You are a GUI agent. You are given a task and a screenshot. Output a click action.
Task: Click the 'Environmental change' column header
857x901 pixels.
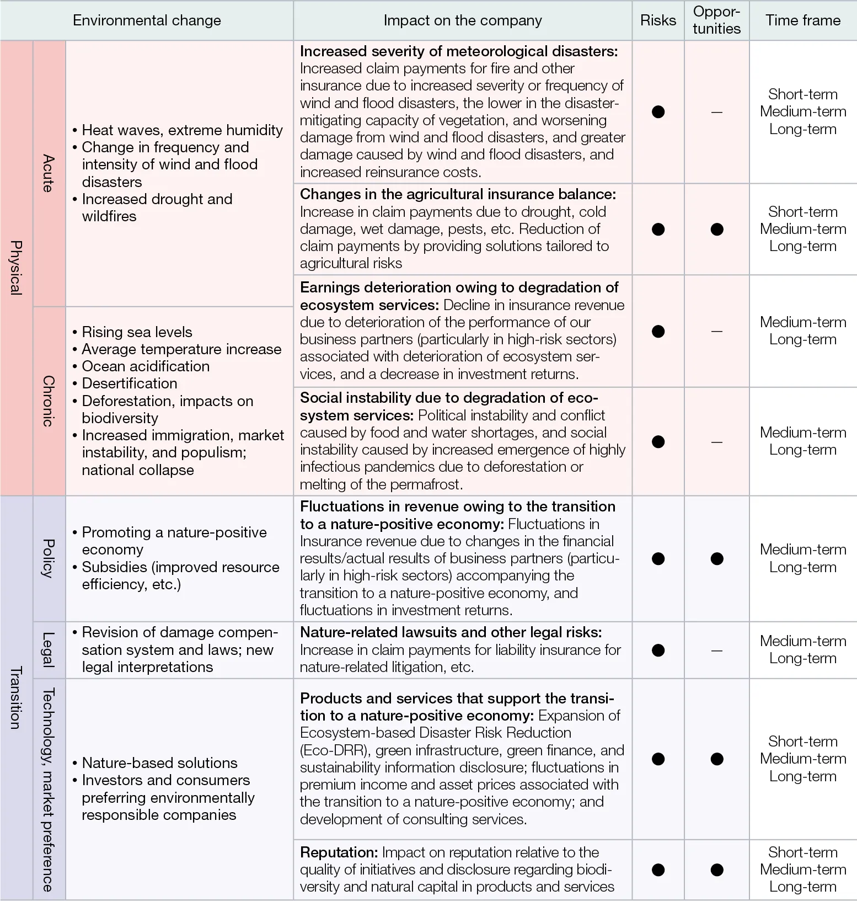pyautogui.click(x=147, y=20)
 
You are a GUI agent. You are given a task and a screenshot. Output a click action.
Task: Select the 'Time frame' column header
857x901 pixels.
pyautogui.click(x=802, y=20)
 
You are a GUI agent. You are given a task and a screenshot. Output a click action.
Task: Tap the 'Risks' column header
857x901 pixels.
pyautogui.click(x=658, y=20)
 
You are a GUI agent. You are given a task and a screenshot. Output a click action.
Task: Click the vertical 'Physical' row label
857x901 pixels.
pyautogui.click(x=16, y=268)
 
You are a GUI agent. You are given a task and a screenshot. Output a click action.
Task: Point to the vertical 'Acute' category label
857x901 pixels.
pyautogui.click(x=49, y=173)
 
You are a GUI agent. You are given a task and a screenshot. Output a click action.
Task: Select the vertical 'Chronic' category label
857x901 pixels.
pyautogui.click(x=49, y=401)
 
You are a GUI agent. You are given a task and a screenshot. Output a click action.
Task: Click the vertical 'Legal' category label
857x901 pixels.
pyautogui.click(x=49, y=650)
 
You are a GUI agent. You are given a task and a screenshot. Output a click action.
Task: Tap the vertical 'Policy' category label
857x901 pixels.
pyautogui.click(x=49, y=558)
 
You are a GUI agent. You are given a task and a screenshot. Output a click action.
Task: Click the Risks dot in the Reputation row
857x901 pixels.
pyautogui.click(x=658, y=870)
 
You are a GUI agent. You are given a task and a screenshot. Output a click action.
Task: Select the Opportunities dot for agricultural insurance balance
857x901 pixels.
pyautogui.click(x=716, y=229)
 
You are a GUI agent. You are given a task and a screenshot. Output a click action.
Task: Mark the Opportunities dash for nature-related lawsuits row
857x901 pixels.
pyautogui.click(x=716, y=651)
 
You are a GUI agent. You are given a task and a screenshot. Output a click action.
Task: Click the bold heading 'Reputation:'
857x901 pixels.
pyautogui.click(x=339, y=852)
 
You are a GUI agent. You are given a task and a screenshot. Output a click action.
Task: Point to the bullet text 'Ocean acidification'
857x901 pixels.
pyautogui.click(x=146, y=366)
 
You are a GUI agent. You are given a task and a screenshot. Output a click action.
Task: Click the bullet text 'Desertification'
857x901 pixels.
pyautogui.click(x=130, y=383)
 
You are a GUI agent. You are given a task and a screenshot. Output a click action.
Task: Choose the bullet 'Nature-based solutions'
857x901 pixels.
pyautogui.click(x=159, y=763)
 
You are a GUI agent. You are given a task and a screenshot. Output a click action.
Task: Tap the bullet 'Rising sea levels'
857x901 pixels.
pyautogui.click(x=137, y=332)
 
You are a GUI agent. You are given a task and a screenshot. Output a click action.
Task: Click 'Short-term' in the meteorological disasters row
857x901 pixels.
pyautogui.click(x=802, y=94)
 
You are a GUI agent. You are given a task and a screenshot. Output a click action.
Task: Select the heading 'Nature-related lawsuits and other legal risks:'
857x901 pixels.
pyautogui.click(x=451, y=632)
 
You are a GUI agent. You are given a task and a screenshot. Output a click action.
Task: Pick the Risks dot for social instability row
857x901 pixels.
pyautogui.click(x=658, y=441)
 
